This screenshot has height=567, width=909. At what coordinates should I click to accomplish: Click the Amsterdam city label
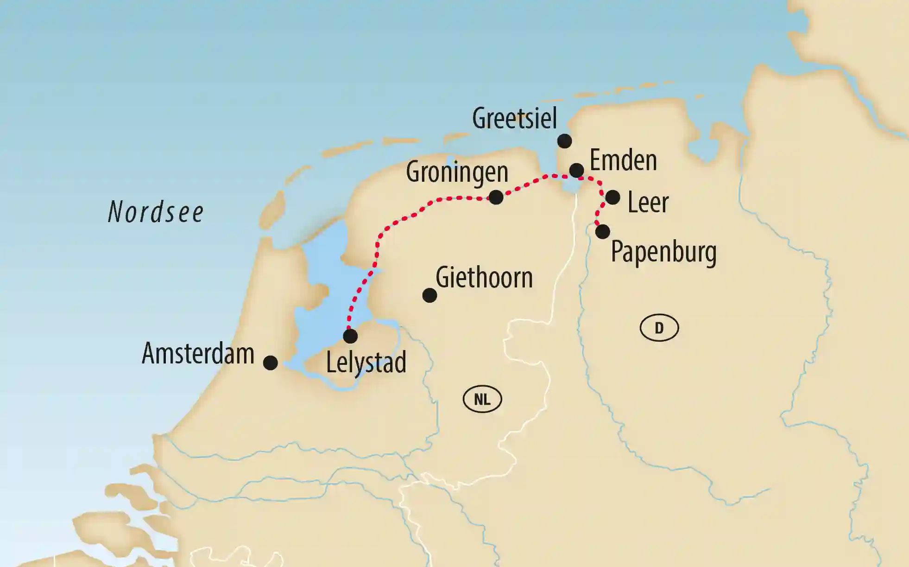point(198,353)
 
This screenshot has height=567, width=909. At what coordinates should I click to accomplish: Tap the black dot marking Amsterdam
point(270,363)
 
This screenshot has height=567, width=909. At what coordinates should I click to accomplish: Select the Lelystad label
point(366,362)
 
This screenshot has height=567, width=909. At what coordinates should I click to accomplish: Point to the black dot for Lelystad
point(350,336)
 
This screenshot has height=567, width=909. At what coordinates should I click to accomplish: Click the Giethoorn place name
point(484,278)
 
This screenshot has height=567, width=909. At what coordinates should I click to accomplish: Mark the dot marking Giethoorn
point(429,295)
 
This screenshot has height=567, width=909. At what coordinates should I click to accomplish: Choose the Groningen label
point(457,172)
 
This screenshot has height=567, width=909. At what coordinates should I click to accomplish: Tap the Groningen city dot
point(496,197)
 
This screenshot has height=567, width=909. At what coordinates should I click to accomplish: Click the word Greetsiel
point(514,118)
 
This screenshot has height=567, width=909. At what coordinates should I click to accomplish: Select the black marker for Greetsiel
point(564,141)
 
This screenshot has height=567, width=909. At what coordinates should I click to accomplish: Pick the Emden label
point(623,160)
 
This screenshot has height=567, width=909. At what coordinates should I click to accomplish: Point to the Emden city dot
point(576,170)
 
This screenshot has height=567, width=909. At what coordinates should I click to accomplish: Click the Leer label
point(648,203)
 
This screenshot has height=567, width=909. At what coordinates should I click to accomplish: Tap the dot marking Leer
point(612,197)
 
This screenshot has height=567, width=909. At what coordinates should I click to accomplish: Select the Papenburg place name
point(663,252)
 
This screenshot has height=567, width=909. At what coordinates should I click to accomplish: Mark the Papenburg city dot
point(602,231)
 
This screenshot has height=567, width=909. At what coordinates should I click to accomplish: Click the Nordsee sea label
point(156,212)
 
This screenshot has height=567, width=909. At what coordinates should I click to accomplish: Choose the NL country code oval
point(482,399)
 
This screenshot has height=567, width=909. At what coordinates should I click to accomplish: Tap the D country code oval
point(659,328)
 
